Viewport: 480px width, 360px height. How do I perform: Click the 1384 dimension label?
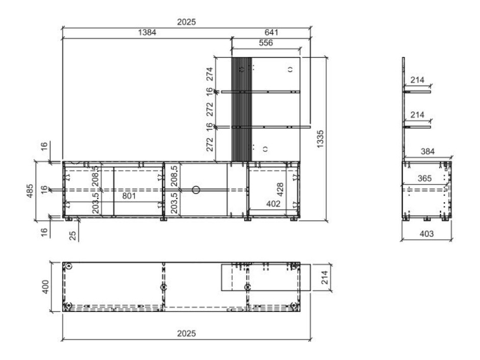(147, 32)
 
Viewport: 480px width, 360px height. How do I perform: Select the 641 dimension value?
(271, 32)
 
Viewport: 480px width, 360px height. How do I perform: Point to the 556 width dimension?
(265, 43)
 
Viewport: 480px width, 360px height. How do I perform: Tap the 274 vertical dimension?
(210, 74)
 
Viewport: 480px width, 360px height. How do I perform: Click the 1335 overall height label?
(320, 139)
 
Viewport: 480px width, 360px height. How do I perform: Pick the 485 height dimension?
(30, 191)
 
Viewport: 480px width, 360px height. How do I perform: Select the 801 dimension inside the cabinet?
(129, 195)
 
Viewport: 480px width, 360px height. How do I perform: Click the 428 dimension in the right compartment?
(280, 189)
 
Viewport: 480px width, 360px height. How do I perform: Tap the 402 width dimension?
(273, 204)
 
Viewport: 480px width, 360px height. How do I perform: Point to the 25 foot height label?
(72, 235)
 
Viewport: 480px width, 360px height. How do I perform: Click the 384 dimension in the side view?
(428, 151)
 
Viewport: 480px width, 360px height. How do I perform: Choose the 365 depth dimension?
(424, 178)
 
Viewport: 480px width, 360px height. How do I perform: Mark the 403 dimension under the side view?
(426, 234)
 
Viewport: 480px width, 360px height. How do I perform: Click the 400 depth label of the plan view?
(45, 287)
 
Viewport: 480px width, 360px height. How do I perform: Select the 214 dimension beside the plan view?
(325, 277)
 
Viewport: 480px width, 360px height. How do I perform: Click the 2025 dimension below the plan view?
(186, 333)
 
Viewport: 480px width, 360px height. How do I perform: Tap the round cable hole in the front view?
(196, 190)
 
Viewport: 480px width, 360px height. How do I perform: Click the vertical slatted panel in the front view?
(242, 109)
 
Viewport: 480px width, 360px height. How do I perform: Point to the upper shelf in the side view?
(417, 92)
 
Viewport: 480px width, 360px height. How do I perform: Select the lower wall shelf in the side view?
(417, 127)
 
